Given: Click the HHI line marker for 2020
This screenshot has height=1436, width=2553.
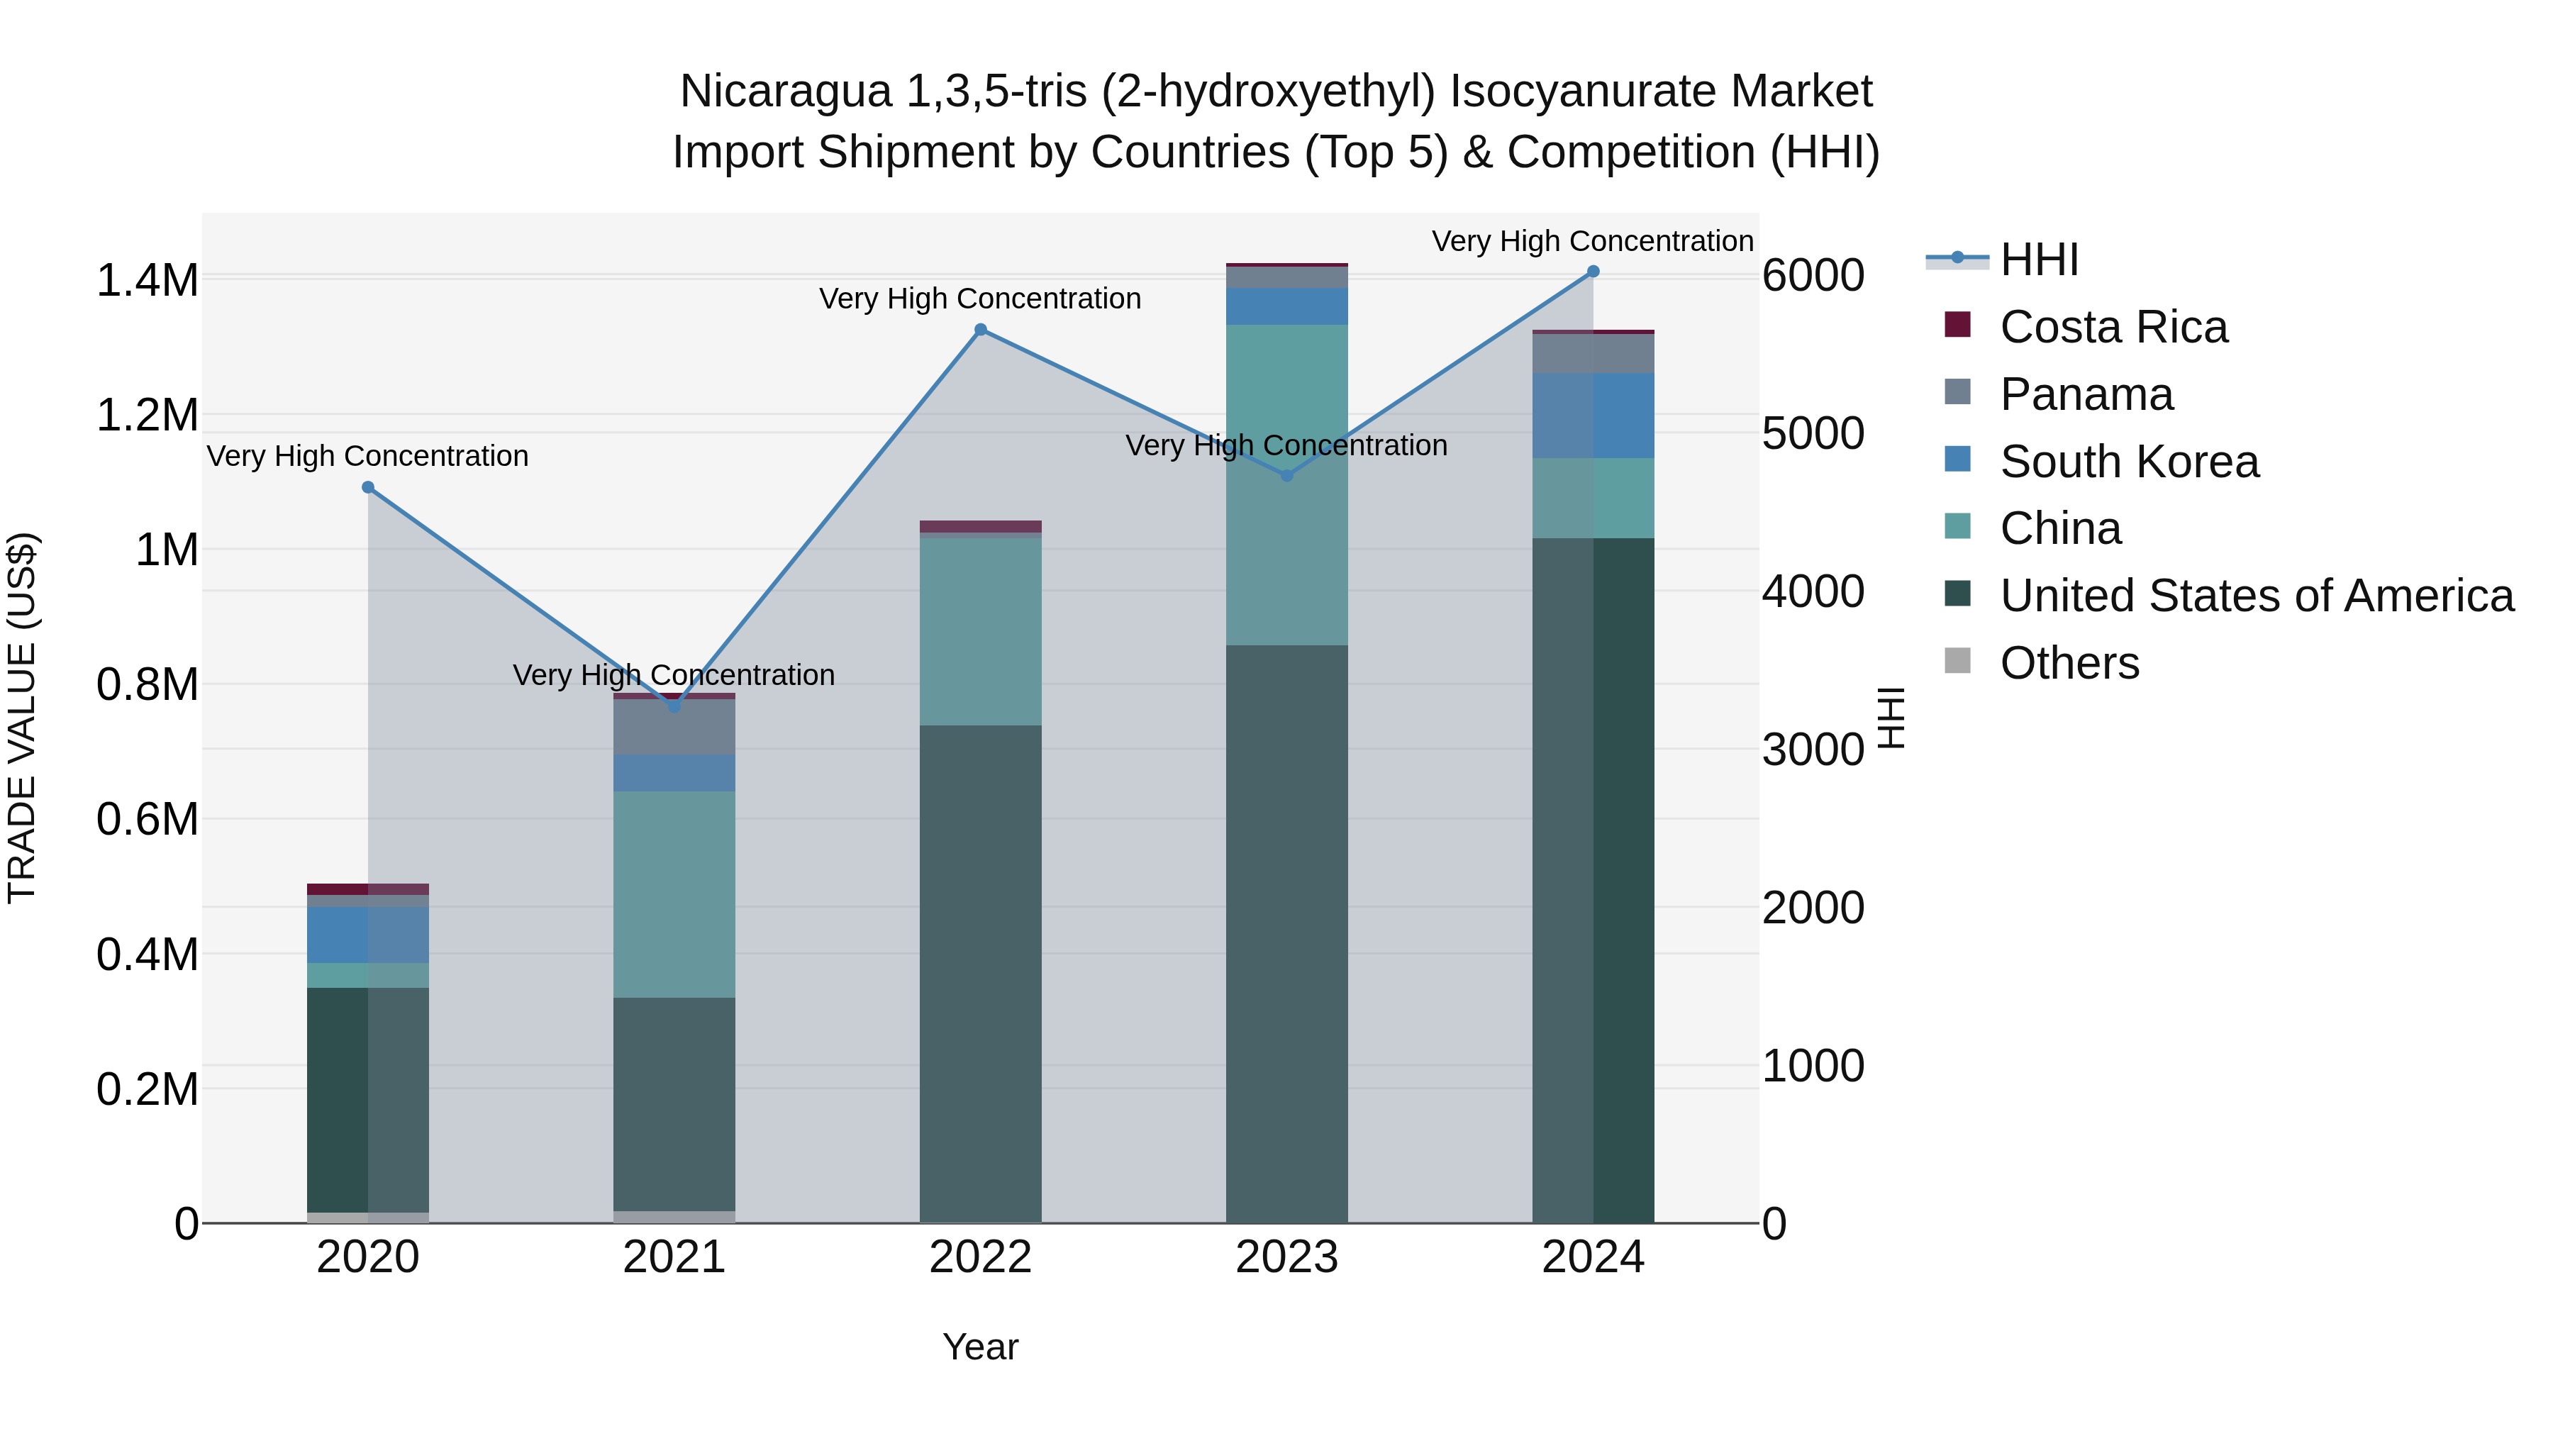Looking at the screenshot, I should tap(367, 486).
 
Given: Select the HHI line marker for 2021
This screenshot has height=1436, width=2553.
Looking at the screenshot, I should tap(674, 706).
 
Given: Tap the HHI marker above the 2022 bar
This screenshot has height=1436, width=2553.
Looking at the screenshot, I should tap(980, 330).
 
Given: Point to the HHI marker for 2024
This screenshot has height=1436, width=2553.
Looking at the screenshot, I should tap(1593, 272).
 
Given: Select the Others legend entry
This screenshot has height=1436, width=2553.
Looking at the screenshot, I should tap(2069, 663).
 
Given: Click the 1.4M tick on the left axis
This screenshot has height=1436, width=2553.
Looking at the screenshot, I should tap(147, 280).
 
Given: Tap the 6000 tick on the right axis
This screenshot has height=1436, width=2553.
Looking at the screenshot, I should tap(1813, 276).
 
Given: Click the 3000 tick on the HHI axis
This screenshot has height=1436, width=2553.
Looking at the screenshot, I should tap(1813, 750).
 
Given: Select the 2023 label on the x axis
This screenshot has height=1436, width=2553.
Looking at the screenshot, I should tap(1286, 1257).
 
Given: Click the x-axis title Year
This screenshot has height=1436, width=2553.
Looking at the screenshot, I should tap(980, 1347).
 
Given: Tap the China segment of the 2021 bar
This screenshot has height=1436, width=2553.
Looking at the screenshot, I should tap(674, 894).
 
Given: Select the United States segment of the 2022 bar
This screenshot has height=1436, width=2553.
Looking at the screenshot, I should tap(980, 973).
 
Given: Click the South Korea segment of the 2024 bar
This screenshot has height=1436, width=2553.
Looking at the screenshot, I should tap(1593, 416).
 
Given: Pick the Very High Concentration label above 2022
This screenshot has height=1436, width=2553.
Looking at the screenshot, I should tap(980, 299).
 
